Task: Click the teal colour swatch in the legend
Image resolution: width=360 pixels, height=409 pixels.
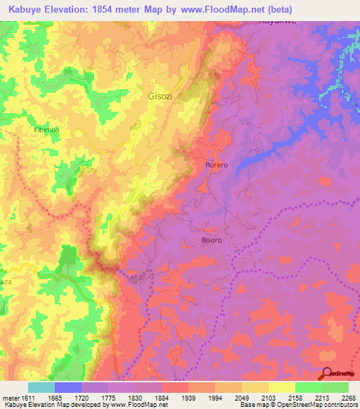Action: pyautogui.click(x=41, y=387)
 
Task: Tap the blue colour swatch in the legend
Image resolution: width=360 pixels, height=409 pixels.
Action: pyautogui.click(x=68, y=387)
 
